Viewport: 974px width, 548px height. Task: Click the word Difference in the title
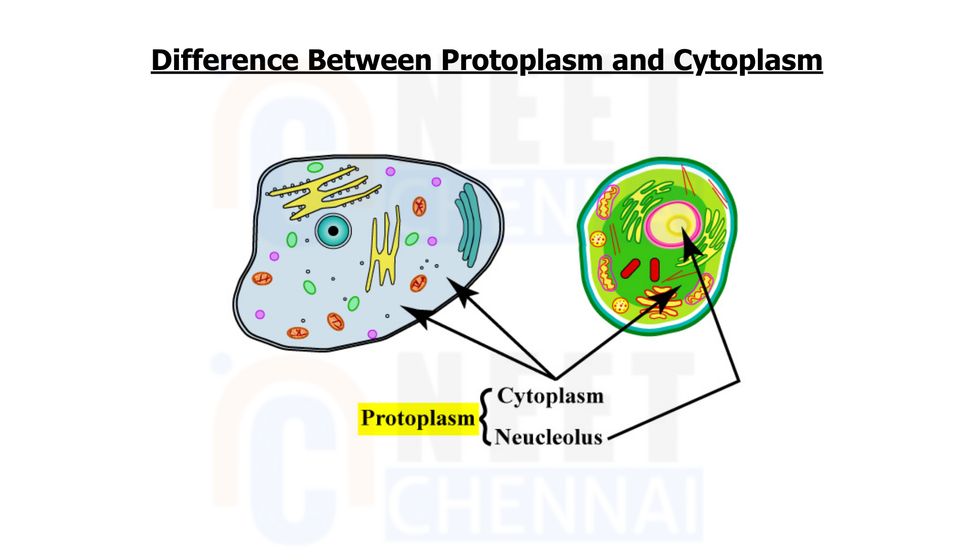pyautogui.click(x=225, y=60)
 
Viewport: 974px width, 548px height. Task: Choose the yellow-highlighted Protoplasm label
pyautogui.click(x=418, y=419)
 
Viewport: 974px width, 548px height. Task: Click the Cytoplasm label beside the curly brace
pyautogui.click(x=550, y=396)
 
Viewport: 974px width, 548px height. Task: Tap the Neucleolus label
pyautogui.click(x=548, y=437)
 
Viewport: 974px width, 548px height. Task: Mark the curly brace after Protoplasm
pyautogui.click(x=486, y=417)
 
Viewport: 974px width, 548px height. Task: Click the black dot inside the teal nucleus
pyautogui.click(x=333, y=231)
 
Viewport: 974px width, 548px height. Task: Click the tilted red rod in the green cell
pyautogui.click(x=630, y=268)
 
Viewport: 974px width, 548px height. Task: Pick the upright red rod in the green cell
pyautogui.click(x=655, y=269)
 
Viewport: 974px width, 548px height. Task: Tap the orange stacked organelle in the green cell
pyautogui.click(x=659, y=302)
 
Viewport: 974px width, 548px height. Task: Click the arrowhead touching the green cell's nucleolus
pyautogui.click(x=691, y=241)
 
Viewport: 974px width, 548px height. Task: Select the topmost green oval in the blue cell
pyautogui.click(x=315, y=167)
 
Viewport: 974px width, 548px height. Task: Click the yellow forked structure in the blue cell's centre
pyautogui.click(x=384, y=249)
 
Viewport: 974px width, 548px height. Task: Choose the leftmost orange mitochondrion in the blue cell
pyautogui.click(x=262, y=278)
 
